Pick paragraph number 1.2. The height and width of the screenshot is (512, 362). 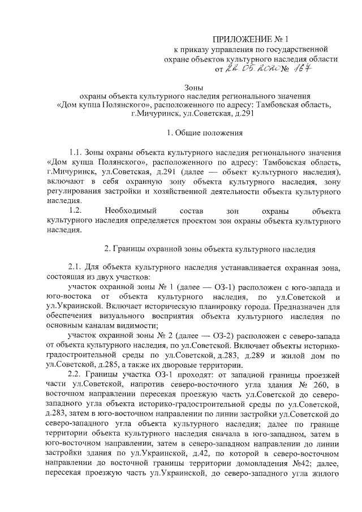pyautogui.click(x=75, y=210)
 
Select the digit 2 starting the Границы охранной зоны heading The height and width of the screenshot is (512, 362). pyautogui.click(x=107, y=249)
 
